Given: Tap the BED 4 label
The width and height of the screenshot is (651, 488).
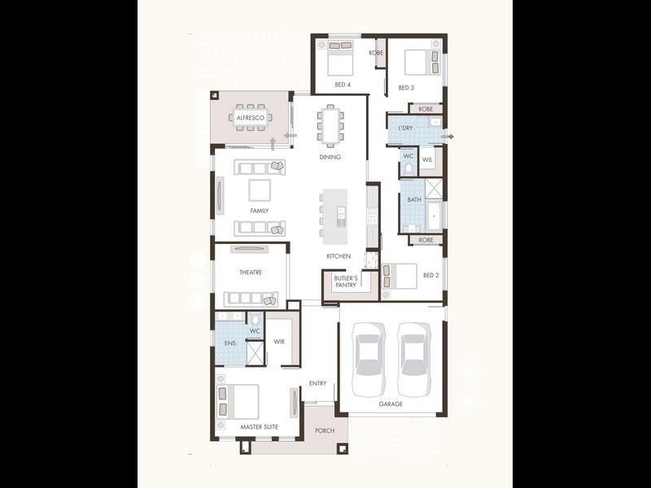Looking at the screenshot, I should coord(343,85).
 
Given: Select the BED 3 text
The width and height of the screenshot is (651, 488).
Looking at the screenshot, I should coord(406,87).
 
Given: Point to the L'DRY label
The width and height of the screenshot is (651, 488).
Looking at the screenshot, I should coord(404,128).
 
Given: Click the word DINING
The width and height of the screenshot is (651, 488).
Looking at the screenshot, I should coord(330,157).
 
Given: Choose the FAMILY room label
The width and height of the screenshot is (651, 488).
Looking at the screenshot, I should coord(260,211).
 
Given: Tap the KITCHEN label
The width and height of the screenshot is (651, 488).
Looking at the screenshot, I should coord(339,256).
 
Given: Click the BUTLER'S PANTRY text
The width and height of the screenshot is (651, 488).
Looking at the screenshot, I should coord(346,281).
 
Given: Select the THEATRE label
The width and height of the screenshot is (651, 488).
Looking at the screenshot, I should coord(250,272).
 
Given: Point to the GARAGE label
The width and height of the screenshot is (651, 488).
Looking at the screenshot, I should coord(391,403).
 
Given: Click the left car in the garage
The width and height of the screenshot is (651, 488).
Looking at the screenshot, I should coord(369,359).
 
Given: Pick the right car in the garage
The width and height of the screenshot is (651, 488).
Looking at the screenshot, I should coord(414,359).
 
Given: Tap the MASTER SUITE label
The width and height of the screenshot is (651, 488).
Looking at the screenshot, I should coord(259,426).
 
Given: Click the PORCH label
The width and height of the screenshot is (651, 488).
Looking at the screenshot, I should coord(325,430).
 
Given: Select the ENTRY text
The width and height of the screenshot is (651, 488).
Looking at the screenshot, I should coord(317,383).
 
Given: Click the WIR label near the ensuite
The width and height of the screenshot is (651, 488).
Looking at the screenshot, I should coord(278,342).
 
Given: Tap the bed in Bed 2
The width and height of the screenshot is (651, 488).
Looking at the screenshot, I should coord(400,276).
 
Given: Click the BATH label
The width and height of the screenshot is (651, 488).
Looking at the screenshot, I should coord(414,199).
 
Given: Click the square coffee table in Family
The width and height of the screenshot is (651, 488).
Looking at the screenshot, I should coord(260,190).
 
